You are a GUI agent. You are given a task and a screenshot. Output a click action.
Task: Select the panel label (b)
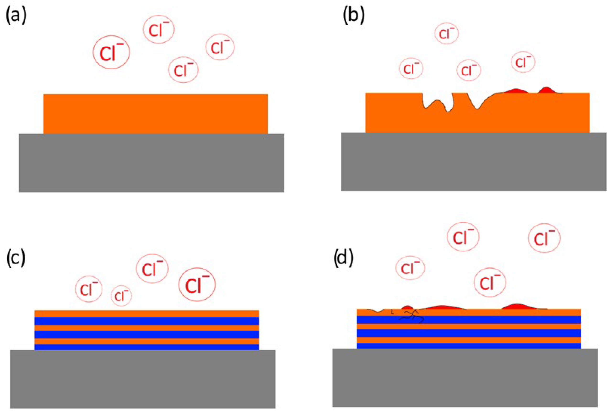[354, 16]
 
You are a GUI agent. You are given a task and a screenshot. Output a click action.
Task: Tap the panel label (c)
[16, 258]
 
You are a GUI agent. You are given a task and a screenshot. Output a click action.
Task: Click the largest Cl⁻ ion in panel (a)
[111, 52]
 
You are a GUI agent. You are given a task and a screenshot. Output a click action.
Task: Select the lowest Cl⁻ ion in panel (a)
[184, 70]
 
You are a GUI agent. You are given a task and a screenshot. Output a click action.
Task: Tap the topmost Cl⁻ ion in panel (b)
[447, 33]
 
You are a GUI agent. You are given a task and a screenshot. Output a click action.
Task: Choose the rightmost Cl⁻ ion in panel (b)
[523, 62]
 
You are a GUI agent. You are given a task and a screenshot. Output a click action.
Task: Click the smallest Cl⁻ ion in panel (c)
[121, 296]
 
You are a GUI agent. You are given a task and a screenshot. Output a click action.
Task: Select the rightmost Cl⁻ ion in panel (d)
[544, 238]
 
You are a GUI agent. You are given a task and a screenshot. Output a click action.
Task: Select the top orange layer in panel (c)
[147, 314]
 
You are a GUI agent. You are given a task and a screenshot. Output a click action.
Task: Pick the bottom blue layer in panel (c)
[147, 347]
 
